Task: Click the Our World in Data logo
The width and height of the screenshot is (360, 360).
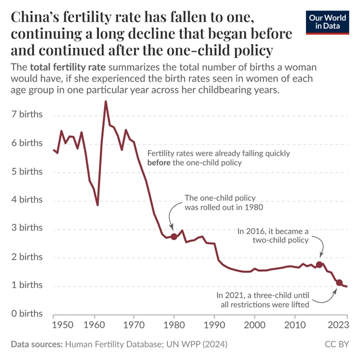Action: [326, 22]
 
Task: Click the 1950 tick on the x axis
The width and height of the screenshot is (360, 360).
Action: [61, 326]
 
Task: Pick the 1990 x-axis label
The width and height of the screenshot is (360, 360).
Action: [214, 326]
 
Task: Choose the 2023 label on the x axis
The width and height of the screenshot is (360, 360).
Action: [337, 326]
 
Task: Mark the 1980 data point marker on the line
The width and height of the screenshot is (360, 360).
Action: [174, 237]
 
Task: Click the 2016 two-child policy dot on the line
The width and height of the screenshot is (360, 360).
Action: [319, 264]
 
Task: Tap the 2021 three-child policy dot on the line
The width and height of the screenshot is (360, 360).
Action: [339, 282]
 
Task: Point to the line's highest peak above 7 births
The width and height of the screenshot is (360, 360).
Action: [105, 101]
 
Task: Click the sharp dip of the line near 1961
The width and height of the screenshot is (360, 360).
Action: [98, 205]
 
